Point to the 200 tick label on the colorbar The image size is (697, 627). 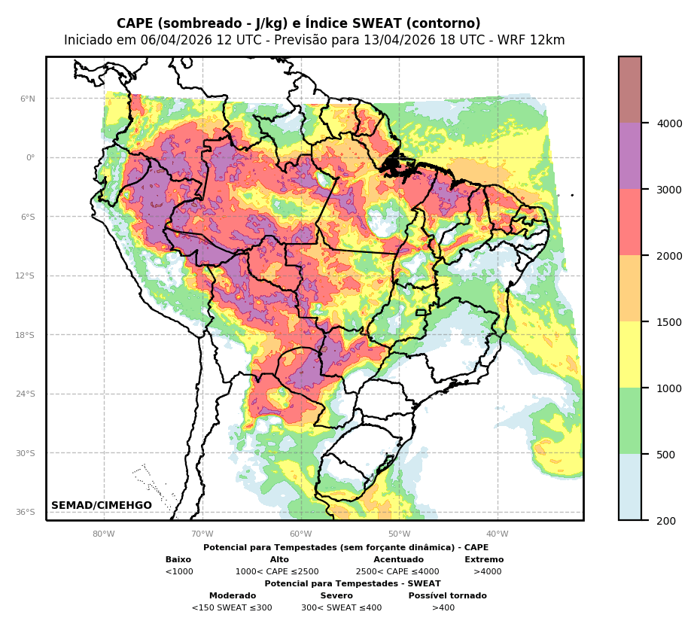click(x=666, y=521)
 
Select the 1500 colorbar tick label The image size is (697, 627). click(x=669, y=322)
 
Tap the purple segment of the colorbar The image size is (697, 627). click(x=630, y=156)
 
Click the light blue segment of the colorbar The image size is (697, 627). click(x=630, y=487)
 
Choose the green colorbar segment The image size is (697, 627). click(x=630, y=421)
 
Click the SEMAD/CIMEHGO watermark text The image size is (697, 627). click(x=102, y=506)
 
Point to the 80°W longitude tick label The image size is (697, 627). click(x=104, y=534)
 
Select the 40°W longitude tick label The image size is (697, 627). click(x=498, y=534)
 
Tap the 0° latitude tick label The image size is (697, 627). click(x=31, y=158)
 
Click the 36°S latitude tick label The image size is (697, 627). click(x=26, y=513)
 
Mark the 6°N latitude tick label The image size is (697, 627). click(x=27, y=99)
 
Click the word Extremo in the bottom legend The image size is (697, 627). click(x=484, y=560)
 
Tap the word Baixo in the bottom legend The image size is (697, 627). click(x=178, y=560)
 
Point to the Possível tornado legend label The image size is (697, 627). click(x=447, y=596)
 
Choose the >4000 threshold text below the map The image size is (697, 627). click(x=487, y=572)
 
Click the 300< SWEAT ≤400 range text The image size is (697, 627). click(x=341, y=608)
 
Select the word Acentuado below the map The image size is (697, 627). click(x=398, y=560)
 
